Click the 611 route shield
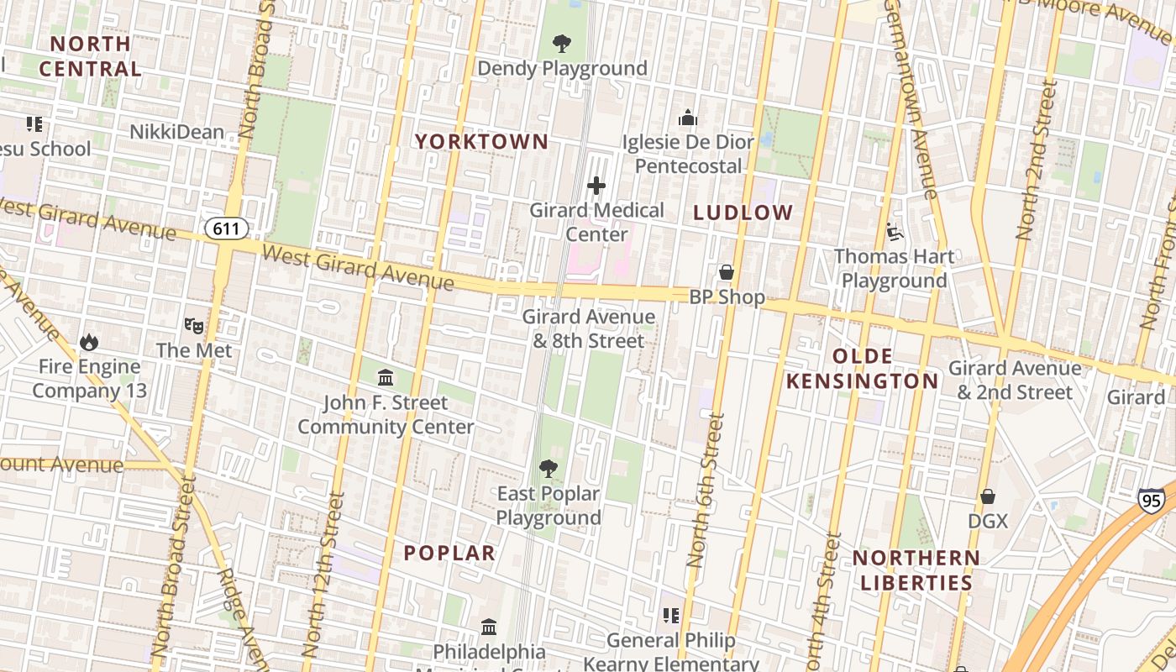pos(226,228)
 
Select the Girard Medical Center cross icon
pos(596,186)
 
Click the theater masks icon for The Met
pos(194,324)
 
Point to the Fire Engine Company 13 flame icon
pos(88,342)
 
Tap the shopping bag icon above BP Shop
pos(727,272)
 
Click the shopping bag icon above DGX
pos(988,496)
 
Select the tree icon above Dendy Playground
pos(562,43)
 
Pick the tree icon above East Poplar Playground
pos(549,468)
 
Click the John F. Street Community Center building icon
pos(386,377)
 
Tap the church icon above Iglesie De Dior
pos(688,118)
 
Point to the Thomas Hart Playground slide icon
pos(894,231)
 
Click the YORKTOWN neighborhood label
pos(481,142)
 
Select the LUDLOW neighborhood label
pos(743,213)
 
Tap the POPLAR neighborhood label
pos(449,553)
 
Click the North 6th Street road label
pos(706,490)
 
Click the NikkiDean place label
pos(176,132)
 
